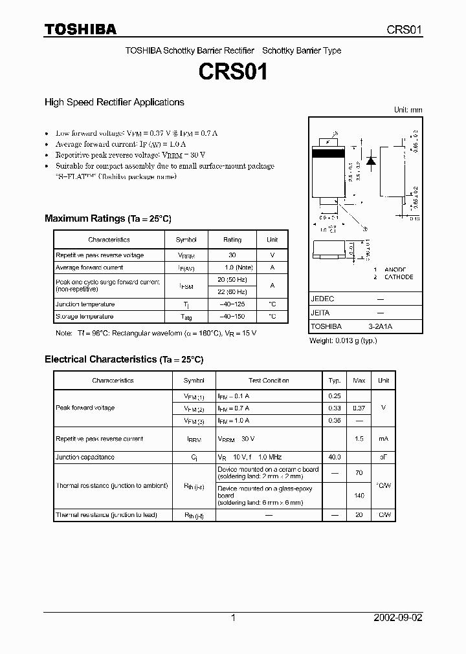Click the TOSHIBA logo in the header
click(x=80, y=29)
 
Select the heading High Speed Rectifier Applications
click(x=114, y=102)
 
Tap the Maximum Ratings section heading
click(x=107, y=218)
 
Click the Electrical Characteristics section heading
click(x=124, y=359)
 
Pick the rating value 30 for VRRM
click(x=232, y=255)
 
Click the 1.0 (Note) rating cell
click(x=232, y=268)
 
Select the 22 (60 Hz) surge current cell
click(x=232, y=291)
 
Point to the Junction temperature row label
click(x=85, y=304)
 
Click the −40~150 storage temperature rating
click(x=232, y=317)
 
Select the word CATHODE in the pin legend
click(x=399, y=277)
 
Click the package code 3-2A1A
click(x=381, y=327)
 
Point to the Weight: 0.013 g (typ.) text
click(x=342, y=341)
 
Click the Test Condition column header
click(x=269, y=381)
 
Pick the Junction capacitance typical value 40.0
click(x=335, y=458)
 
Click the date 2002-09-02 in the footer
click(x=398, y=618)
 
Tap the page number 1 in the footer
click(x=233, y=618)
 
